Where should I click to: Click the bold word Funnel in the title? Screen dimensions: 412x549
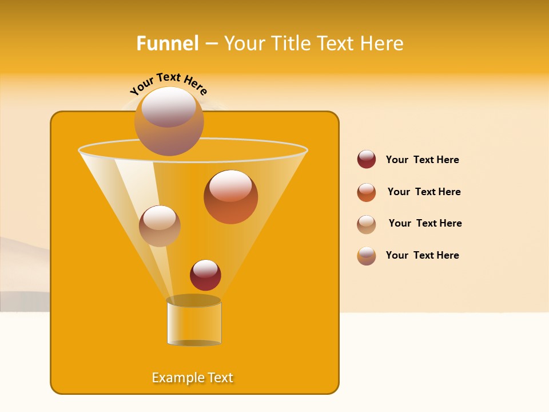click(x=167, y=43)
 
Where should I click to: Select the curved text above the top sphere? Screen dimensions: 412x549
click(x=168, y=84)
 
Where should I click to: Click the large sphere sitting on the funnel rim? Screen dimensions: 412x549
click(x=169, y=121)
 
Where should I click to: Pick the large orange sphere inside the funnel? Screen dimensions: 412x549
click(x=230, y=197)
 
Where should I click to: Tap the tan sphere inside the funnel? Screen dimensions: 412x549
click(x=160, y=226)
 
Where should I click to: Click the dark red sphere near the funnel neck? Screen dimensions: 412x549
click(x=205, y=275)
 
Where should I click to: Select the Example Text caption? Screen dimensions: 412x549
click(x=193, y=378)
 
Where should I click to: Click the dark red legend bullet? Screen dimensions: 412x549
click(x=367, y=160)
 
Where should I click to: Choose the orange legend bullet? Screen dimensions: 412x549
click(x=367, y=192)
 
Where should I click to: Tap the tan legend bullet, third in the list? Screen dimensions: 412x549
click(x=367, y=224)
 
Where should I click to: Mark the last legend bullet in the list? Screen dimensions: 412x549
click(x=367, y=256)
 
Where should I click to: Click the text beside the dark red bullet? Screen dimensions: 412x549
click(x=422, y=160)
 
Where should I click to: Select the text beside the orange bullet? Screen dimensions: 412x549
click(x=424, y=192)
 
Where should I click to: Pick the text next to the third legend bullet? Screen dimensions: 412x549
click(x=425, y=223)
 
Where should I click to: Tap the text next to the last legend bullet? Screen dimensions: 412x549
click(x=422, y=255)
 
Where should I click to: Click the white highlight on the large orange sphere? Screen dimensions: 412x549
click(x=230, y=185)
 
